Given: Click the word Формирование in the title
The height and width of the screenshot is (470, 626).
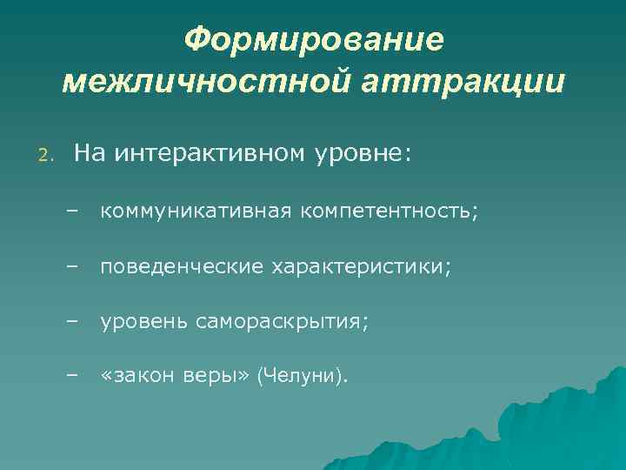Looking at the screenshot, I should coord(314,39).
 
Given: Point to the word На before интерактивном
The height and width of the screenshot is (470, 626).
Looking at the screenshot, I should coord(88,154).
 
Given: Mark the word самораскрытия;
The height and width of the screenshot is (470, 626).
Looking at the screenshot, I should coord(282,323).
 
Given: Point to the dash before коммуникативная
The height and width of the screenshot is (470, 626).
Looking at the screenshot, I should coord(70,211).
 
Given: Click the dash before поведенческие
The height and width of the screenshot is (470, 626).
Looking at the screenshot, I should coord(70,266).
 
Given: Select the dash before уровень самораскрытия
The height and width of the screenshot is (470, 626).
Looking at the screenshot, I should coord(70,321).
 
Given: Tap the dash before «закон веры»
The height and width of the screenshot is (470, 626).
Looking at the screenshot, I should coord(70,376).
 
